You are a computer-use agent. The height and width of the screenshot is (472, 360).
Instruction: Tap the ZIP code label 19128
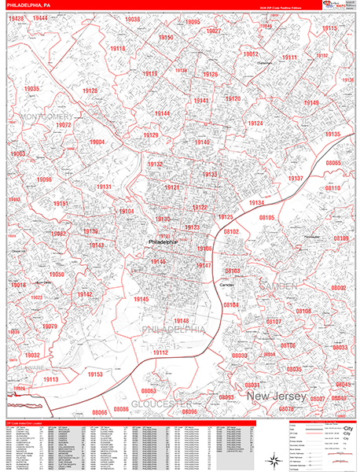(90, 91)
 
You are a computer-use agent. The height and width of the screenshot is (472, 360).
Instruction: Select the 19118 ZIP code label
(117, 49)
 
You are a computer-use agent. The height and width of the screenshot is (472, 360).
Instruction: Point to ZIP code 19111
(289, 57)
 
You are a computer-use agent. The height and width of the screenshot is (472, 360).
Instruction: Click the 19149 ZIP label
(311, 103)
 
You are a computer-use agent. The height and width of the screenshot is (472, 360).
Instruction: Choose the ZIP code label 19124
(255, 124)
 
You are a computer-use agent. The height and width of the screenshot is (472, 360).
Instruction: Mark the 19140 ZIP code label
(202, 142)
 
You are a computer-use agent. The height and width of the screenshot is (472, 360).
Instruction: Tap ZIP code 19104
(126, 211)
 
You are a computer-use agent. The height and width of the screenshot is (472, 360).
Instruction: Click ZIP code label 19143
(96, 245)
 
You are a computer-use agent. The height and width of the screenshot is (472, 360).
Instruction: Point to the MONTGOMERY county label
(39, 117)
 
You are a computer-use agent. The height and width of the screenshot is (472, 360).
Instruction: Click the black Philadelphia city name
(163, 242)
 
